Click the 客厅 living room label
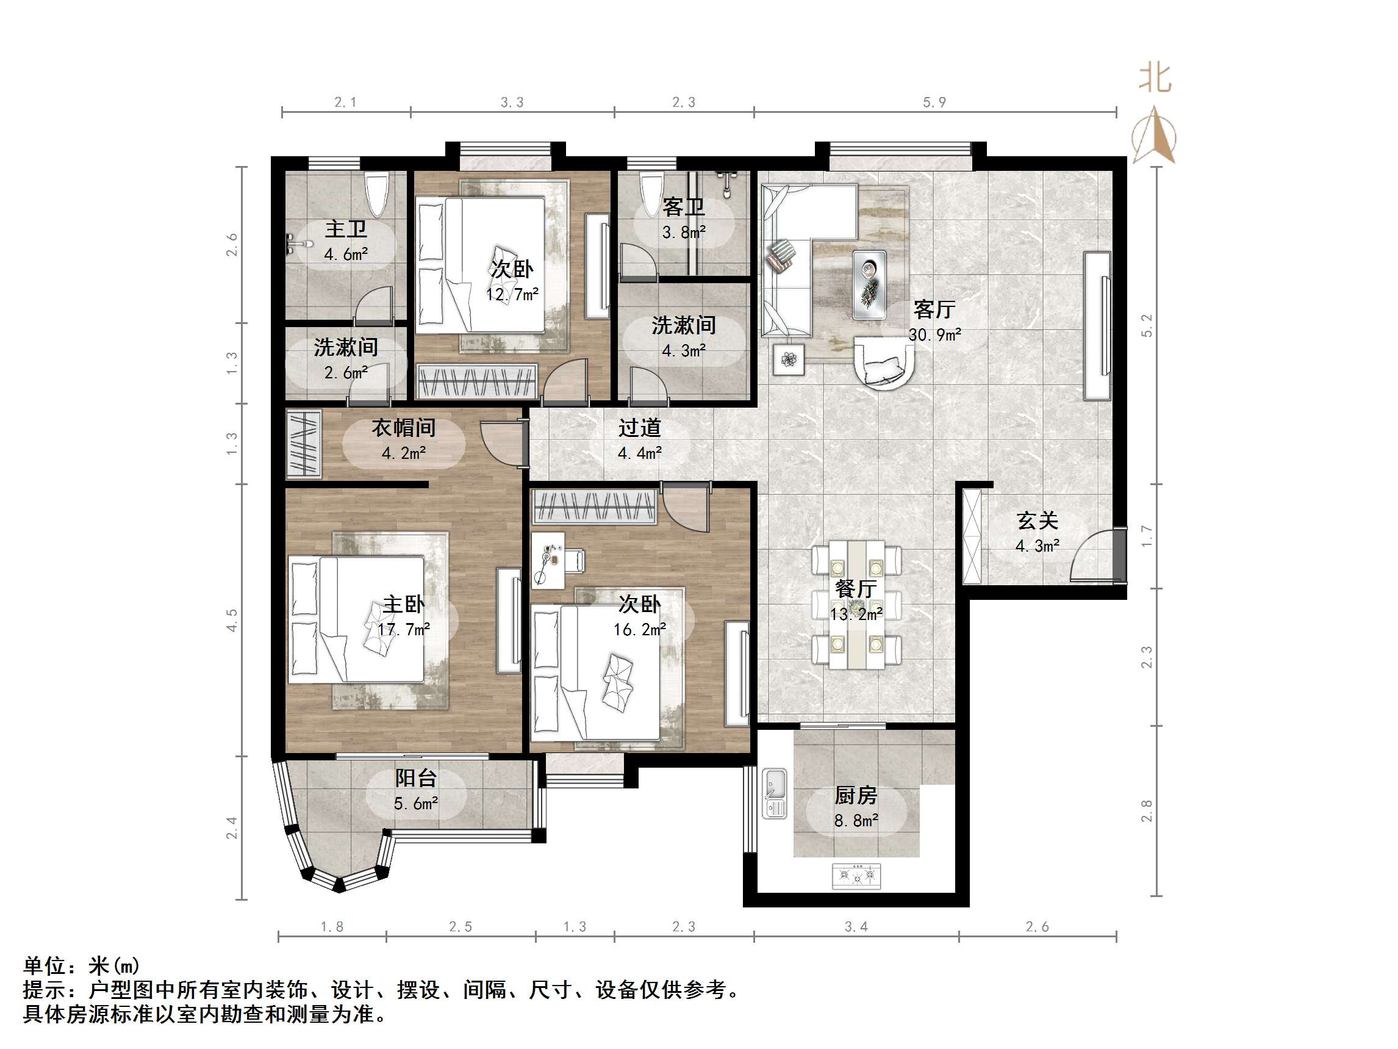pyautogui.click(x=933, y=310)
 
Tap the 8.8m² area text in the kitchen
pyautogui.click(x=856, y=821)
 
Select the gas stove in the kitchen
pyautogui.click(x=856, y=875)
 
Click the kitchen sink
pyautogui.click(x=774, y=793)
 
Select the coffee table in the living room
pyautogui.click(x=869, y=284)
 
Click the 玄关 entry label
pyautogui.click(x=1037, y=521)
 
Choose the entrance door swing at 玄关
pyautogui.click(x=1094, y=557)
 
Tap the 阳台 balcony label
pyautogui.click(x=416, y=777)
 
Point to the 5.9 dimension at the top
pyautogui.click(x=934, y=103)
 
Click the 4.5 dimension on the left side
pyautogui.click(x=232, y=619)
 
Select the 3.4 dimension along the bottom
pyautogui.click(x=856, y=927)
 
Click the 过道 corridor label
pyautogui.click(x=639, y=428)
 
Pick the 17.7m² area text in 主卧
pyautogui.click(x=404, y=629)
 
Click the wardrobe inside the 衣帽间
pyautogui.click(x=303, y=442)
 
